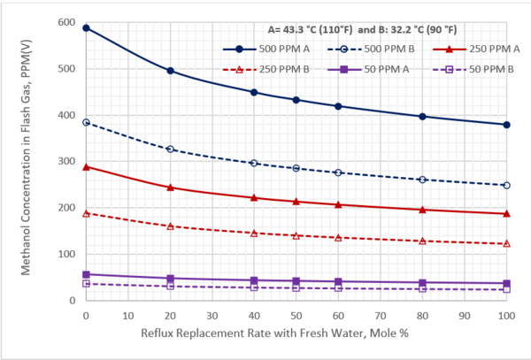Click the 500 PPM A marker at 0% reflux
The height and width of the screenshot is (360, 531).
click(86, 28)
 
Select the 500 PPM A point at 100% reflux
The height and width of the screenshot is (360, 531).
click(506, 125)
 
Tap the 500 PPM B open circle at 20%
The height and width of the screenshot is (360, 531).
click(170, 149)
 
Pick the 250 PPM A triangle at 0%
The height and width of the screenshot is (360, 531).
click(86, 166)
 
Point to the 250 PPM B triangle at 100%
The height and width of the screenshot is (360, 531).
click(506, 243)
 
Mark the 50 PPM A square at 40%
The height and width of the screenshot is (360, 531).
click(254, 280)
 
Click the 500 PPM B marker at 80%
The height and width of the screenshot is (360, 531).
click(422, 180)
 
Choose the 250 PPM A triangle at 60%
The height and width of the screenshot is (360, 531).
click(338, 204)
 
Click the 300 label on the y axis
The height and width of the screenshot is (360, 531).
click(66, 161)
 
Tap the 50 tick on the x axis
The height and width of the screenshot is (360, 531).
click(296, 315)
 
